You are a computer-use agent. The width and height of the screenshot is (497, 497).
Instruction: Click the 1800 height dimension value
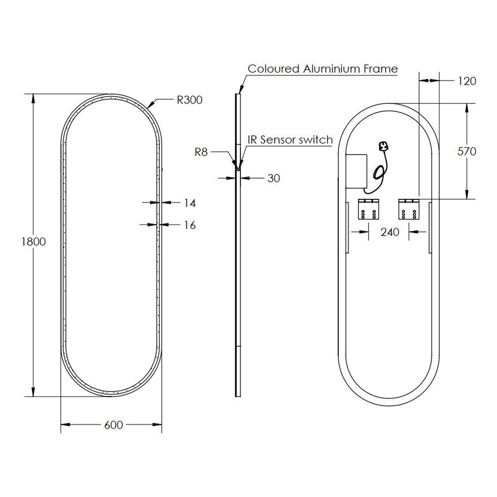(x=34, y=241)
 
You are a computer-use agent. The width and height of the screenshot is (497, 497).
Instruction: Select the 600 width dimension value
(x=113, y=425)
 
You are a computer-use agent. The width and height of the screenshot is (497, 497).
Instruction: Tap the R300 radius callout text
(x=190, y=100)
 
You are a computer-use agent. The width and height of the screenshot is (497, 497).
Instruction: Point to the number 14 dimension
(x=190, y=203)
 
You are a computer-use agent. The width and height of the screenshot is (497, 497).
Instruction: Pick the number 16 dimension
(x=190, y=225)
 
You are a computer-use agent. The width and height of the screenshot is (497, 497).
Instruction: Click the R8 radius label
(x=201, y=152)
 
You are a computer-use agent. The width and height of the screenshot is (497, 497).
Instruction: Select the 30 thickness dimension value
(x=274, y=178)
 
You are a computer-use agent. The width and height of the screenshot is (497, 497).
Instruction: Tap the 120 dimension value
(x=467, y=81)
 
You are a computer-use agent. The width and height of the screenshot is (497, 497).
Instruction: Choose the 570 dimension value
(x=467, y=152)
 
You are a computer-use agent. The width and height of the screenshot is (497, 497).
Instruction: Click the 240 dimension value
(x=390, y=232)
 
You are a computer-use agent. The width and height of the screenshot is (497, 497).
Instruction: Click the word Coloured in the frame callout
(x=273, y=69)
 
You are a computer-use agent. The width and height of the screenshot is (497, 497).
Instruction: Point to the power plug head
(x=383, y=147)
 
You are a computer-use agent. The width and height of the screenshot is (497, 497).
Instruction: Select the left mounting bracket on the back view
(x=368, y=209)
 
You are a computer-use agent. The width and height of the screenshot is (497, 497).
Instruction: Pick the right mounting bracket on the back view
(x=409, y=209)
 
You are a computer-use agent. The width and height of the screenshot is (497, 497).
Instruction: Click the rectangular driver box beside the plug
(x=356, y=171)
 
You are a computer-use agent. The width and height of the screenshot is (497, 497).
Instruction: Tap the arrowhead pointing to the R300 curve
(x=150, y=105)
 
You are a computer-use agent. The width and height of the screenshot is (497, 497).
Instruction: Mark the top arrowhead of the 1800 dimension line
(x=33, y=99)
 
